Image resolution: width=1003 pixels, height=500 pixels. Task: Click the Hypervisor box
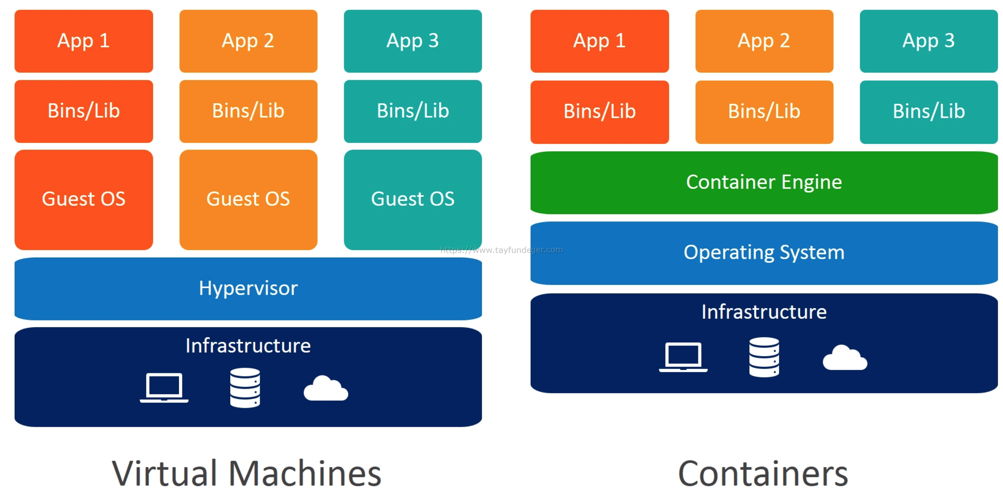pyautogui.click(x=248, y=289)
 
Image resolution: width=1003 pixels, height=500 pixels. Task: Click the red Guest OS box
pyautogui.click(x=84, y=200)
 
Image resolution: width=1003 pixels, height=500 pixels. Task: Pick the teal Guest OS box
pyautogui.click(x=412, y=200)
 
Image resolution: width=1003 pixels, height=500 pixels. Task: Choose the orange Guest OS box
pyautogui.click(x=248, y=200)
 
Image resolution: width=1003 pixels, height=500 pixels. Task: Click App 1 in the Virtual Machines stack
pyautogui.click(x=84, y=41)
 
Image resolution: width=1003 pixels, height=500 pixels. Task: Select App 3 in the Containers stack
pyautogui.click(x=928, y=41)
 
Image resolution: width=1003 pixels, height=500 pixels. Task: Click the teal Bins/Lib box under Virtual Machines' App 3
pyautogui.click(x=412, y=111)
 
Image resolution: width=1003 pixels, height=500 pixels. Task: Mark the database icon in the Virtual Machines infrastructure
pyautogui.click(x=245, y=388)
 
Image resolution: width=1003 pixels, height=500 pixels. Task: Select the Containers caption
pyautogui.click(x=763, y=473)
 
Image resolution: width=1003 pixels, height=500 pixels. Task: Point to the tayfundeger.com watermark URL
pyautogui.click(x=501, y=250)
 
